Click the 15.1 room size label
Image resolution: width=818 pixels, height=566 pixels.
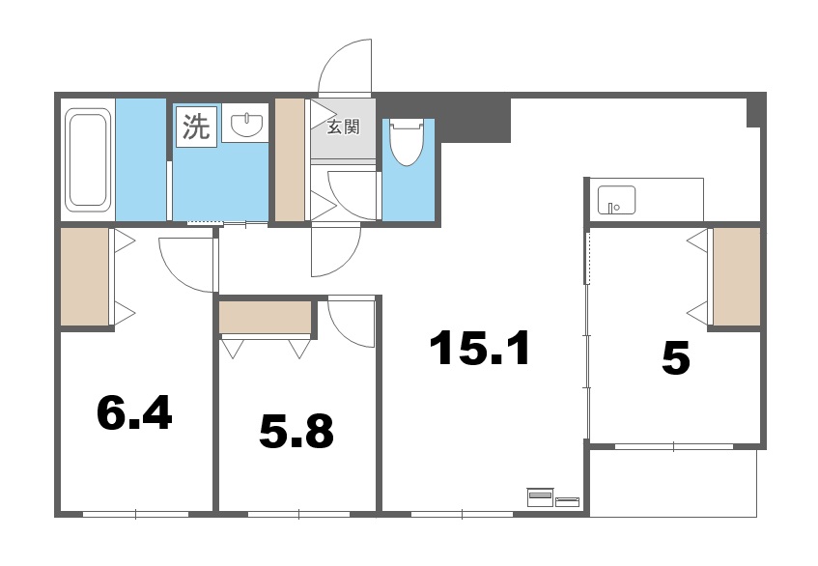(x=480, y=349)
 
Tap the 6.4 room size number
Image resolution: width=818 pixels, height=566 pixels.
(x=134, y=413)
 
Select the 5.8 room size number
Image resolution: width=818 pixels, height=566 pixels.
(x=296, y=432)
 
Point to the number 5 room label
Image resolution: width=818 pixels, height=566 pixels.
(x=675, y=359)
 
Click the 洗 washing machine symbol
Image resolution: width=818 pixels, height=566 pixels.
(x=196, y=128)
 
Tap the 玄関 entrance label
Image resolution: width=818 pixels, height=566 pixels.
(x=342, y=127)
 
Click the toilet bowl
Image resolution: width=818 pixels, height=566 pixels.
(x=406, y=143)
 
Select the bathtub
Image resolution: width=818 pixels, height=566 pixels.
(x=88, y=159)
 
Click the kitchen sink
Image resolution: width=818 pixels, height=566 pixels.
(x=615, y=200)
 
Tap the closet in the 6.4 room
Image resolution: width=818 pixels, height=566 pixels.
(x=84, y=277)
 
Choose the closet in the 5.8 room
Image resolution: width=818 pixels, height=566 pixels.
(x=266, y=317)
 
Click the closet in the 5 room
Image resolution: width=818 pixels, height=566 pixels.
(x=736, y=277)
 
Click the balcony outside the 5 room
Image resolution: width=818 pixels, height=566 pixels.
(x=672, y=482)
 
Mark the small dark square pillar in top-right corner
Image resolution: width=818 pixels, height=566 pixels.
(x=754, y=111)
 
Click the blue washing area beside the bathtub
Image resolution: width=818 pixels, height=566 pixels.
(x=142, y=158)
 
